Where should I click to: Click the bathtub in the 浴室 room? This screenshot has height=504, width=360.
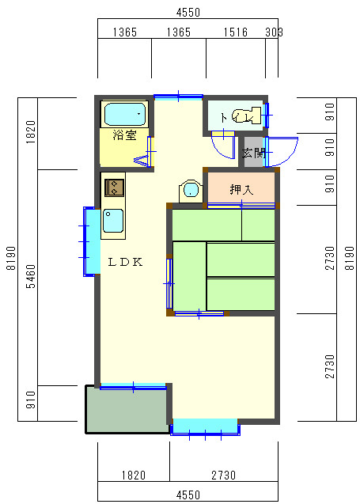click(125, 114)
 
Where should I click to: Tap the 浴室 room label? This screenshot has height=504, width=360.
click(124, 135)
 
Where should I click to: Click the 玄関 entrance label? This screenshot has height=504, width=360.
click(254, 153)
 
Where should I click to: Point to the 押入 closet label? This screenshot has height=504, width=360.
click(241, 190)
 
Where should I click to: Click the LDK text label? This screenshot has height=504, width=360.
click(125, 262)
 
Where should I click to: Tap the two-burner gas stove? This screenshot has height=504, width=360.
click(114, 188)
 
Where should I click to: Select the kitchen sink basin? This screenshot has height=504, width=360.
click(113, 221)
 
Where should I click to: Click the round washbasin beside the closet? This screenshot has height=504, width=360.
click(191, 191)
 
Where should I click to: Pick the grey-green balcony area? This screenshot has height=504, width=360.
click(127, 411)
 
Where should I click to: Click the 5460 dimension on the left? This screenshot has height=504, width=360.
click(31, 276)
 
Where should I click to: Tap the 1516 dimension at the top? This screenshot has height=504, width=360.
click(236, 32)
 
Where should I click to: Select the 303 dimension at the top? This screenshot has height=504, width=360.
click(274, 32)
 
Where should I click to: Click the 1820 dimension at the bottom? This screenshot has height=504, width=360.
click(134, 475)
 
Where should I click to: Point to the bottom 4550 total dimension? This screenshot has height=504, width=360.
click(188, 495)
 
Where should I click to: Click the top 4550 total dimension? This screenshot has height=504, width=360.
click(188, 12)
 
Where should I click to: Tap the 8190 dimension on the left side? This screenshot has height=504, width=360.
click(11, 258)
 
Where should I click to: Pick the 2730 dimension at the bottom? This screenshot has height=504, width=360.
click(223, 475)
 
